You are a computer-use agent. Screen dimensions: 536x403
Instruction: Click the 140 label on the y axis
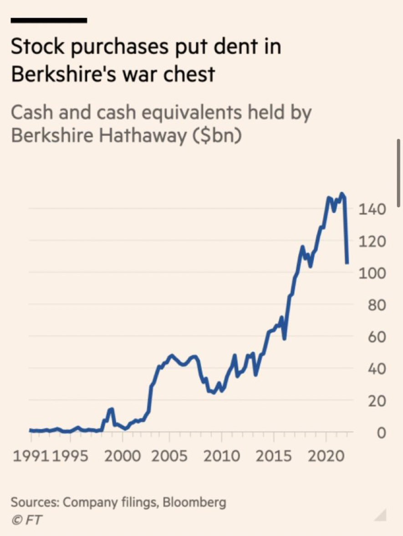click(372, 209)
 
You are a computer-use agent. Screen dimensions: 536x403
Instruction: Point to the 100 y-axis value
click(372, 273)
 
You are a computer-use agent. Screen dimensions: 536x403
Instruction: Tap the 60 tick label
click(374, 337)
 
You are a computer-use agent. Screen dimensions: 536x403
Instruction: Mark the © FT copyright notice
click(26, 520)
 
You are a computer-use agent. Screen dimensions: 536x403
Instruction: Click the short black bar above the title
click(48, 20)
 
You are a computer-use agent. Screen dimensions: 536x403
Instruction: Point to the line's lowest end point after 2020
click(347, 263)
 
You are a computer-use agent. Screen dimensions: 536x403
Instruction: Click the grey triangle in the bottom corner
click(380, 516)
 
